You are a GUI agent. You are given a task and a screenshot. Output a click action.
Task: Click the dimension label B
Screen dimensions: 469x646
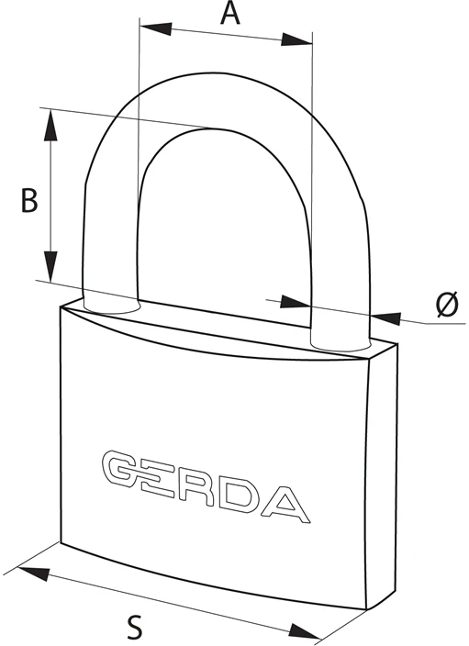(29, 201)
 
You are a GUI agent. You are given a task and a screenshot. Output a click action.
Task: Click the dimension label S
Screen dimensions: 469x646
(134, 627)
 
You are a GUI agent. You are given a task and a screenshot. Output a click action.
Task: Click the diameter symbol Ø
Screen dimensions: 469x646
(447, 304)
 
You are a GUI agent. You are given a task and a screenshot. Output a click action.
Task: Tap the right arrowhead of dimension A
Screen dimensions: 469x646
(296, 39)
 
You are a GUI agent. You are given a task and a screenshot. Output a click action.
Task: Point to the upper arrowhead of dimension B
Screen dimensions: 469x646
(50, 125)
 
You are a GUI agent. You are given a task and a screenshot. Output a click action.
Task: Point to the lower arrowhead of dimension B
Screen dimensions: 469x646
(50, 266)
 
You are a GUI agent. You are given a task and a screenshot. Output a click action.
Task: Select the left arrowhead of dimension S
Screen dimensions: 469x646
(34, 574)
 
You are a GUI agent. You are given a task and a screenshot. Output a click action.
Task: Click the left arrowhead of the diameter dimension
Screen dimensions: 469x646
(296, 302)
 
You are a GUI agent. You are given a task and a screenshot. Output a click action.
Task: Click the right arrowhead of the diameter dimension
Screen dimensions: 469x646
(386, 317)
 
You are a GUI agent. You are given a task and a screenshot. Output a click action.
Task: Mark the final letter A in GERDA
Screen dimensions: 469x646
(285, 505)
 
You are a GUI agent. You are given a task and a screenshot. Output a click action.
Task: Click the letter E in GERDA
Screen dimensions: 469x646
(154, 477)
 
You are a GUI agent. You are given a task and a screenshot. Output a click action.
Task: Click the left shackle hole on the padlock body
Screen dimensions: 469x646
(112, 307)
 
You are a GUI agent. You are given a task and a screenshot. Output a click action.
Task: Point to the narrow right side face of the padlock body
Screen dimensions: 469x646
(382, 473)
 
